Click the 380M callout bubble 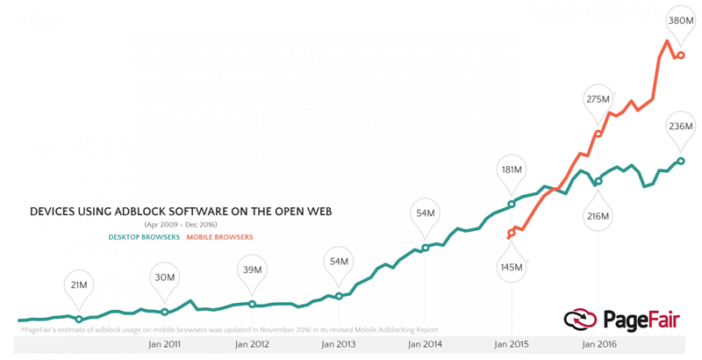tap(681, 21)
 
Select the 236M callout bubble tap(681, 126)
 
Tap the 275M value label tap(598, 99)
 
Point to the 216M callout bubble tap(598, 216)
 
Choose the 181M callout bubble tap(512, 169)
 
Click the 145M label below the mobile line tap(512, 266)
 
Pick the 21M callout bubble tap(79, 284)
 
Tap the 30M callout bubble tap(165, 277)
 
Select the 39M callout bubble tap(252, 270)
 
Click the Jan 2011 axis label tap(165, 344)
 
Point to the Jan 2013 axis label tap(339, 344)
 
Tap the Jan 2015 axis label tap(512, 344)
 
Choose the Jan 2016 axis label tap(598, 344)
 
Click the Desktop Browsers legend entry tap(144, 237)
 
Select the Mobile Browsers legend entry tap(219, 237)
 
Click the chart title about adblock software tap(181, 212)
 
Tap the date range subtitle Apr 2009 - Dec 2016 tap(181, 225)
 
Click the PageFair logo tap(622, 320)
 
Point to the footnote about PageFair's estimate tap(228, 330)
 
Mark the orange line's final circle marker tap(681, 55)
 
